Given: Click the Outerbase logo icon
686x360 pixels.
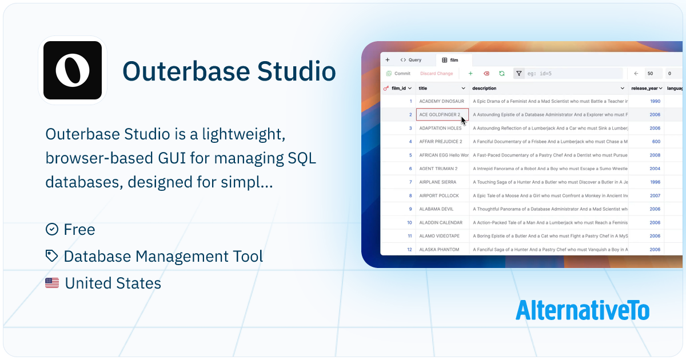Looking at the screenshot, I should click(x=73, y=70).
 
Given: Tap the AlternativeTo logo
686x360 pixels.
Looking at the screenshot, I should click(x=582, y=310).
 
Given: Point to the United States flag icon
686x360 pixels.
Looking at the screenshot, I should click(x=52, y=283).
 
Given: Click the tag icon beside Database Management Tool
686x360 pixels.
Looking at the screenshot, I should click(x=52, y=256).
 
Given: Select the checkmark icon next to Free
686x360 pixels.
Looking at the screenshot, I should click(x=52, y=229).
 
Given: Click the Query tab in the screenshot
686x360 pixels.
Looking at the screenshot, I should click(x=411, y=60).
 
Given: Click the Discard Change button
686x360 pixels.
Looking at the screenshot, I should click(x=436, y=74).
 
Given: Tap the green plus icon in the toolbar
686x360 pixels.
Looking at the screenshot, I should click(x=470, y=74).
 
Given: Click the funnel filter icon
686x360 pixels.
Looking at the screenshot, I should click(x=519, y=74).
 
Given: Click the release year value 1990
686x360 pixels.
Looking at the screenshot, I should click(x=655, y=101).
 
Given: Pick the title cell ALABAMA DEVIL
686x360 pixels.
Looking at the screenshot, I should click(x=436, y=209).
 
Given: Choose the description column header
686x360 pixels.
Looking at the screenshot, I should click(x=485, y=89).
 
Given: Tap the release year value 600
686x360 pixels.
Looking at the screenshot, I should click(x=656, y=142).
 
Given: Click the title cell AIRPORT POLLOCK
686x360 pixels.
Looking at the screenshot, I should click(x=438, y=195).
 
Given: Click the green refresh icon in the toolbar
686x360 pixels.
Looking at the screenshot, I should click(x=501, y=74).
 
